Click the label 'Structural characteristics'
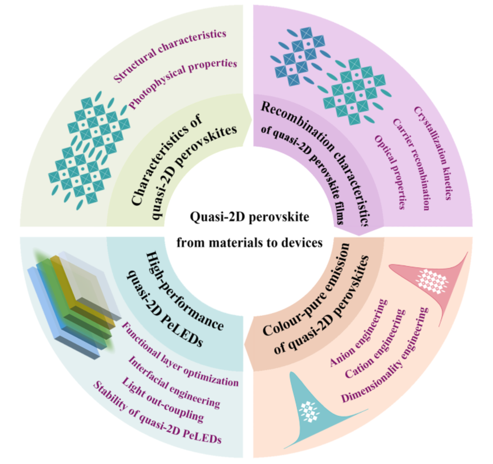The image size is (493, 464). tap(170, 56)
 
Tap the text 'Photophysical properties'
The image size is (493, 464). tap(183, 83)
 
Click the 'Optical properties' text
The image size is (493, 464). tap(390, 172)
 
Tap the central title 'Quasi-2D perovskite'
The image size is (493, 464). tap(249, 216)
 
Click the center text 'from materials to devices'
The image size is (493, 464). tap(249, 243)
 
